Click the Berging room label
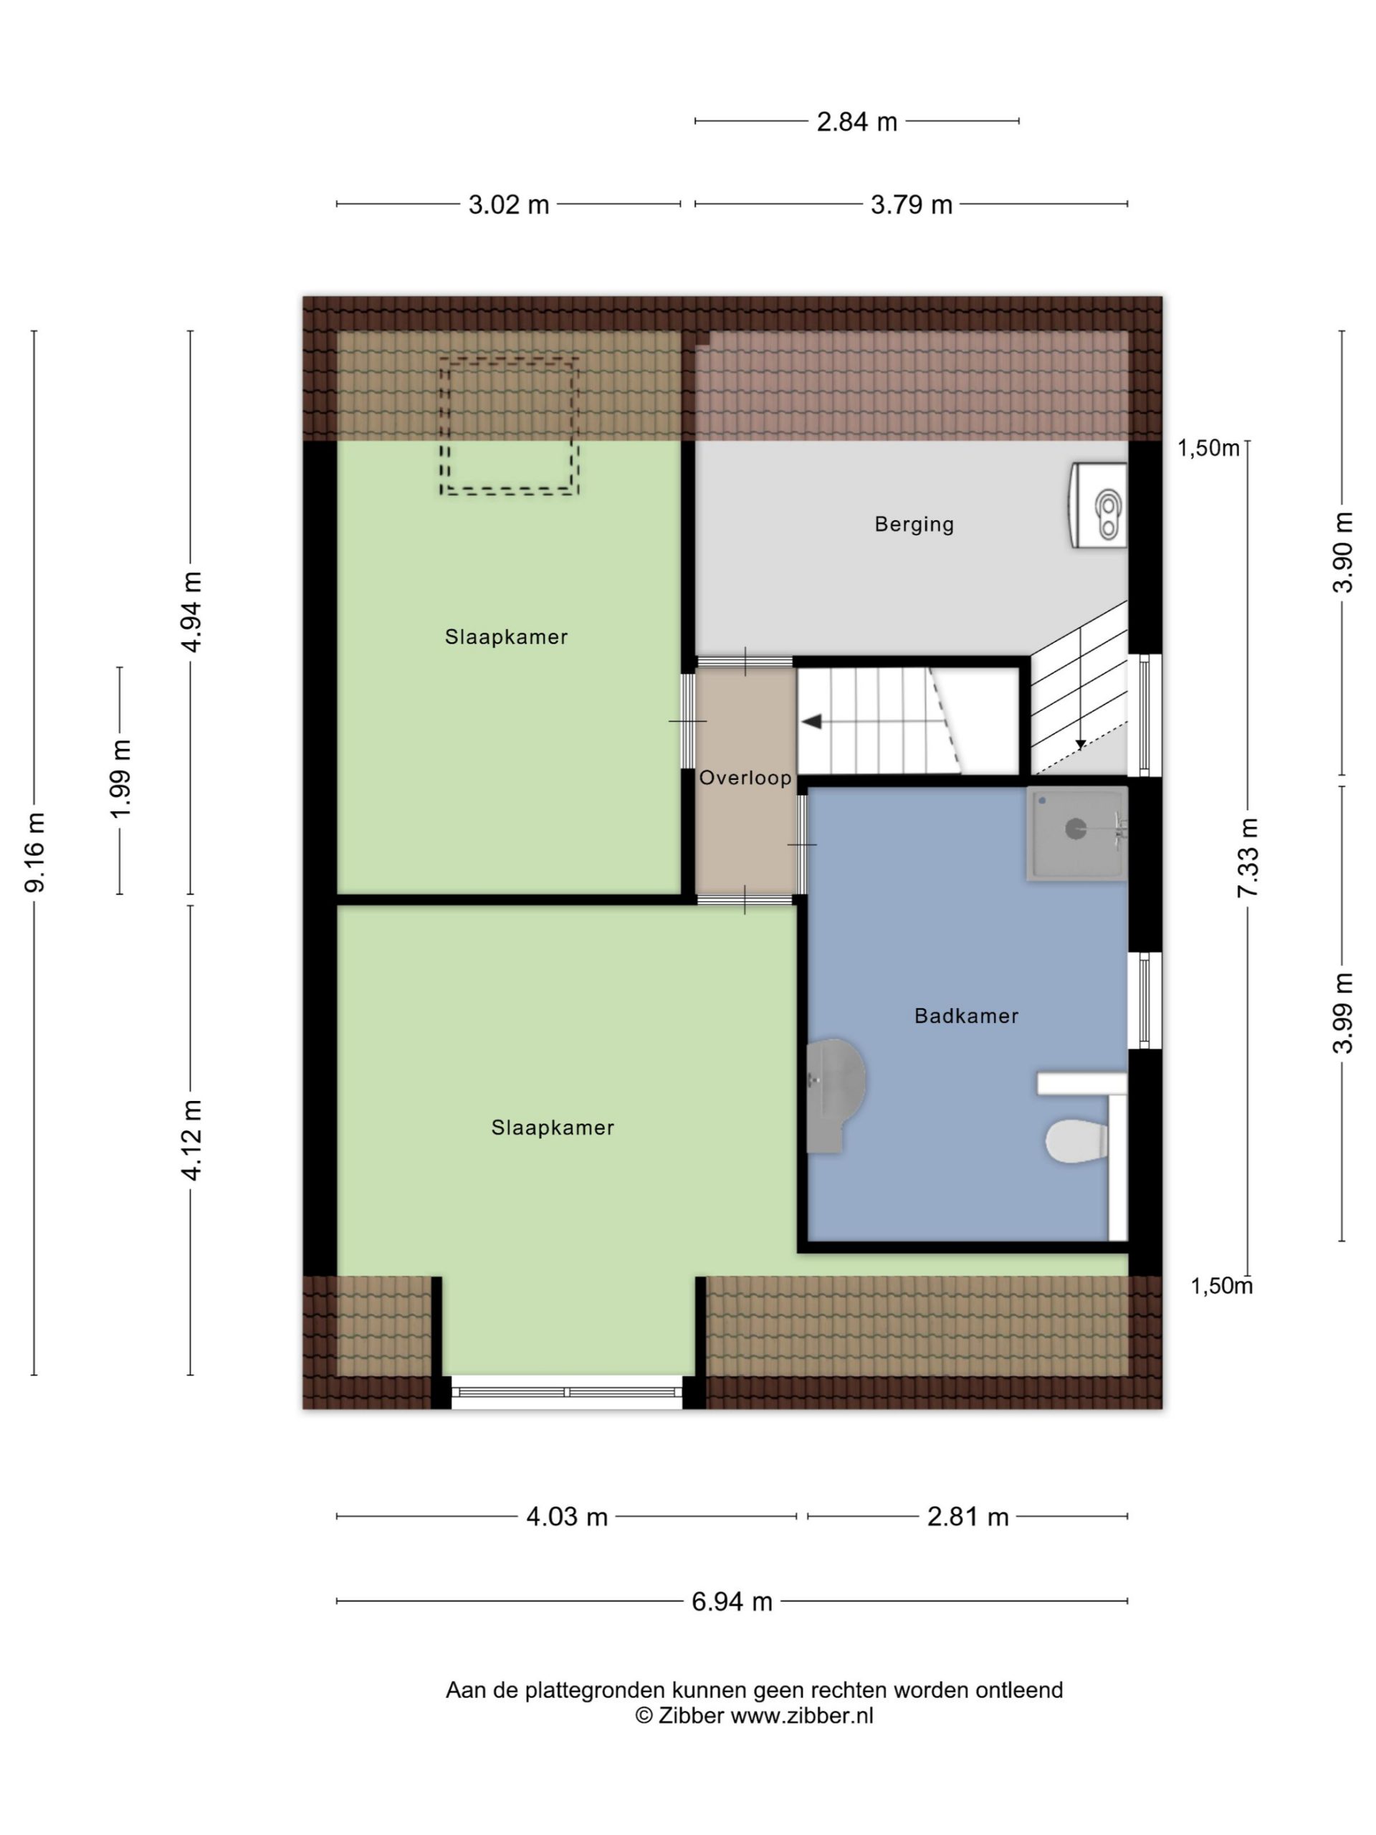click(913, 524)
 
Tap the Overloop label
click(745, 778)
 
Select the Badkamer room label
click(965, 1016)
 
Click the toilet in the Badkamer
click(1076, 1143)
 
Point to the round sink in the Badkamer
click(836, 1095)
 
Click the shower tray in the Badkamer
click(1076, 832)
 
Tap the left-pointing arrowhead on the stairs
click(811, 722)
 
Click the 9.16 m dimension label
click(35, 853)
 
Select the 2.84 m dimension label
click(857, 122)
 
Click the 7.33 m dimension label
click(1248, 857)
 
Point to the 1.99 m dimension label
click(121, 779)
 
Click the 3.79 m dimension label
click(911, 205)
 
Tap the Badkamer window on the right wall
click(1145, 1001)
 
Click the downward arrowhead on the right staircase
click(1081, 744)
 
